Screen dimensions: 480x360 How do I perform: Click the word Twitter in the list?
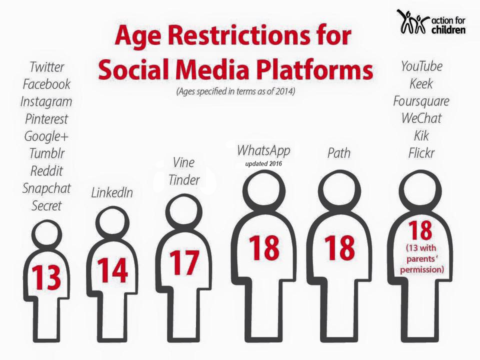47,67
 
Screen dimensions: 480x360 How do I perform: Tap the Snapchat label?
46,188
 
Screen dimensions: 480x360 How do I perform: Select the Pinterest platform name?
46,119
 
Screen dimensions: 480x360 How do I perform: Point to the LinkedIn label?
112,193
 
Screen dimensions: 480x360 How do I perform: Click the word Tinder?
184,180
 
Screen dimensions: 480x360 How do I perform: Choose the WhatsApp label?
263,150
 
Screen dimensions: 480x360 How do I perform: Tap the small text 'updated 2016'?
263,164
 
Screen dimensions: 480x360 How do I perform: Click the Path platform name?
339,153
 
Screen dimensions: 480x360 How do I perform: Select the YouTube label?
421,66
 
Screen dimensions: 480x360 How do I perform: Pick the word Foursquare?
421,101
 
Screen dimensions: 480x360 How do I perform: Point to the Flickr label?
421,153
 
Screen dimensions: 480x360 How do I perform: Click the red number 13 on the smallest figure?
46,277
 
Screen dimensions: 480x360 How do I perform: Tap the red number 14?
112,270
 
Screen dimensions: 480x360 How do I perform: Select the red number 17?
184,262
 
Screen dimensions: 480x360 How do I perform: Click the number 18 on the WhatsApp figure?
264,248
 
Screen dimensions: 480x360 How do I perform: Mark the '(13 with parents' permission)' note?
422,259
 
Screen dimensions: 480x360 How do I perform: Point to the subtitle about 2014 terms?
235,91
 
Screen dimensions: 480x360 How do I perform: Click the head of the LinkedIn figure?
112,222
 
